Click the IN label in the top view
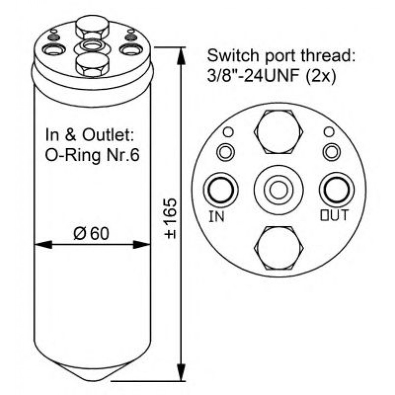pyautogui.click(x=217, y=216)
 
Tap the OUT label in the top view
pyautogui.click(x=334, y=215)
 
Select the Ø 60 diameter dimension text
pyautogui.click(x=91, y=233)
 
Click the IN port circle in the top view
pyautogui.click(x=221, y=190)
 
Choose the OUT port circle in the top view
pyautogui.click(x=337, y=190)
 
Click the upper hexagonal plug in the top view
pyautogui.click(x=279, y=132)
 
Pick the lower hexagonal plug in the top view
pyautogui.click(x=279, y=248)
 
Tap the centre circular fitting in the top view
pyautogui.click(x=278, y=190)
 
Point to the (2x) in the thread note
pyautogui.click(x=321, y=76)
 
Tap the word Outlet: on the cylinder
pyautogui.click(x=107, y=135)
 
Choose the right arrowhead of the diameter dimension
pyautogui.click(x=142, y=244)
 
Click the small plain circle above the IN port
pyautogui.click(x=229, y=132)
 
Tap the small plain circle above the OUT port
pyautogui.click(x=329, y=132)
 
